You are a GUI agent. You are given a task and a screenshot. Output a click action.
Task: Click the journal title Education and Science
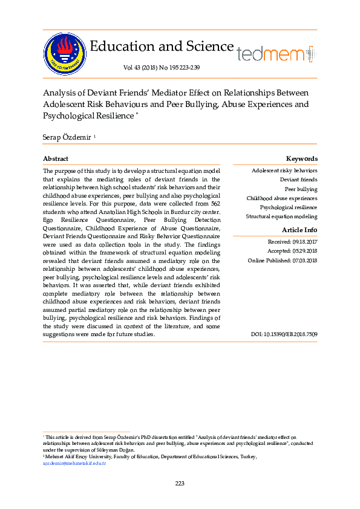(x=162, y=47)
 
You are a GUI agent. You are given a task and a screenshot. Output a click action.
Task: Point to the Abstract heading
(x=56, y=158)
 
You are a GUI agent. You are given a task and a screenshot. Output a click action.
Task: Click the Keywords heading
(x=301, y=158)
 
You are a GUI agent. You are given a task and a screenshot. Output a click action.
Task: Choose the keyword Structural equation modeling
(x=281, y=216)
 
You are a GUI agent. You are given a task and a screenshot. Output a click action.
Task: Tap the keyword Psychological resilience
(x=288, y=207)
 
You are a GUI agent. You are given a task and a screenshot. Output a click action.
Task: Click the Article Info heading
(x=299, y=230)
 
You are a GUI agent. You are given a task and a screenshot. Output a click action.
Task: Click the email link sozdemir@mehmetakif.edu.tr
(x=74, y=462)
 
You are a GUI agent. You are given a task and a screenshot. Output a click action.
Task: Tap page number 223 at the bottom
(x=180, y=483)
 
